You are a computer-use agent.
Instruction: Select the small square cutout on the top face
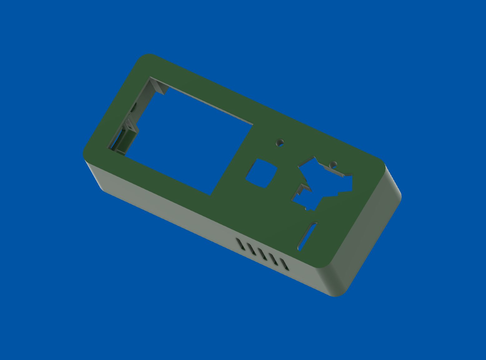262,173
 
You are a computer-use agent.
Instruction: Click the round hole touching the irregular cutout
333,164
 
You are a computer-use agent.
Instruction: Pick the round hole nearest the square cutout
280,143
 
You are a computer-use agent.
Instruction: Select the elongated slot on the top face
308,236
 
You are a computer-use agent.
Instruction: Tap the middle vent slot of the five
263,254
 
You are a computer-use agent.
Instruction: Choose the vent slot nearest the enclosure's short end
284,264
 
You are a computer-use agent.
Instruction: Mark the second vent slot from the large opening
251,249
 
